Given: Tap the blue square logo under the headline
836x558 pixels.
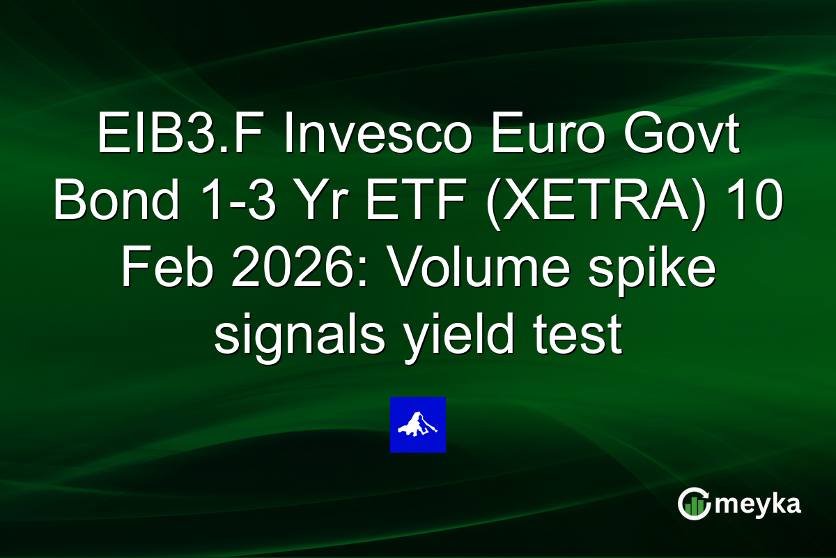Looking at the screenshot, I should (x=417, y=425).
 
